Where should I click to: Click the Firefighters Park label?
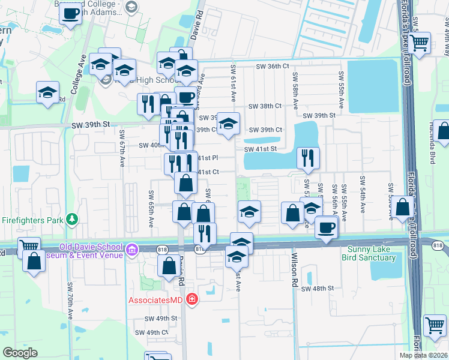click(x=32, y=219)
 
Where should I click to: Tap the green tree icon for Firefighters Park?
click(x=72, y=219)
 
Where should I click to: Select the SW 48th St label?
click(x=318, y=289)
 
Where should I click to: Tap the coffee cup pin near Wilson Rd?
click(x=326, y=228)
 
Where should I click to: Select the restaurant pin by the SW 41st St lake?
click(x=307, y=158)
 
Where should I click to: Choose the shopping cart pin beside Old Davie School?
click(x=28, y=245)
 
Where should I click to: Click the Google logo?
click(x=20, y=353)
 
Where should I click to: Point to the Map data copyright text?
click(x=423, y=355)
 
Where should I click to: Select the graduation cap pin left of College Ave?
click(x=47, y=92)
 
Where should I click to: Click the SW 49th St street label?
click(x=161, y=318)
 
